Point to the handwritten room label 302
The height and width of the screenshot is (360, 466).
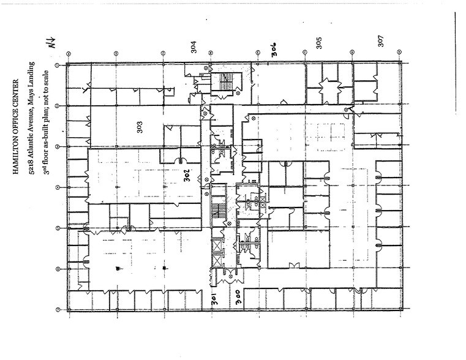(189, 175)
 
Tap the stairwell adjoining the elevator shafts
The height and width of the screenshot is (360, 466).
(216, 211)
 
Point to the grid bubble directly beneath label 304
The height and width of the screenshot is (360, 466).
(209, 54)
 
